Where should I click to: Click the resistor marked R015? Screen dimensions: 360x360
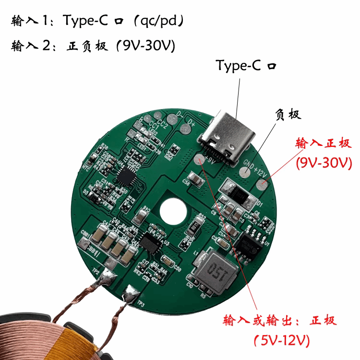click(x=195, y=227)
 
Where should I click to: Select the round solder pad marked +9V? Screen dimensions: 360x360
click(x=199, y=160)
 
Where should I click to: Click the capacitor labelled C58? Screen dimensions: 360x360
click(x=195, y=180)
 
